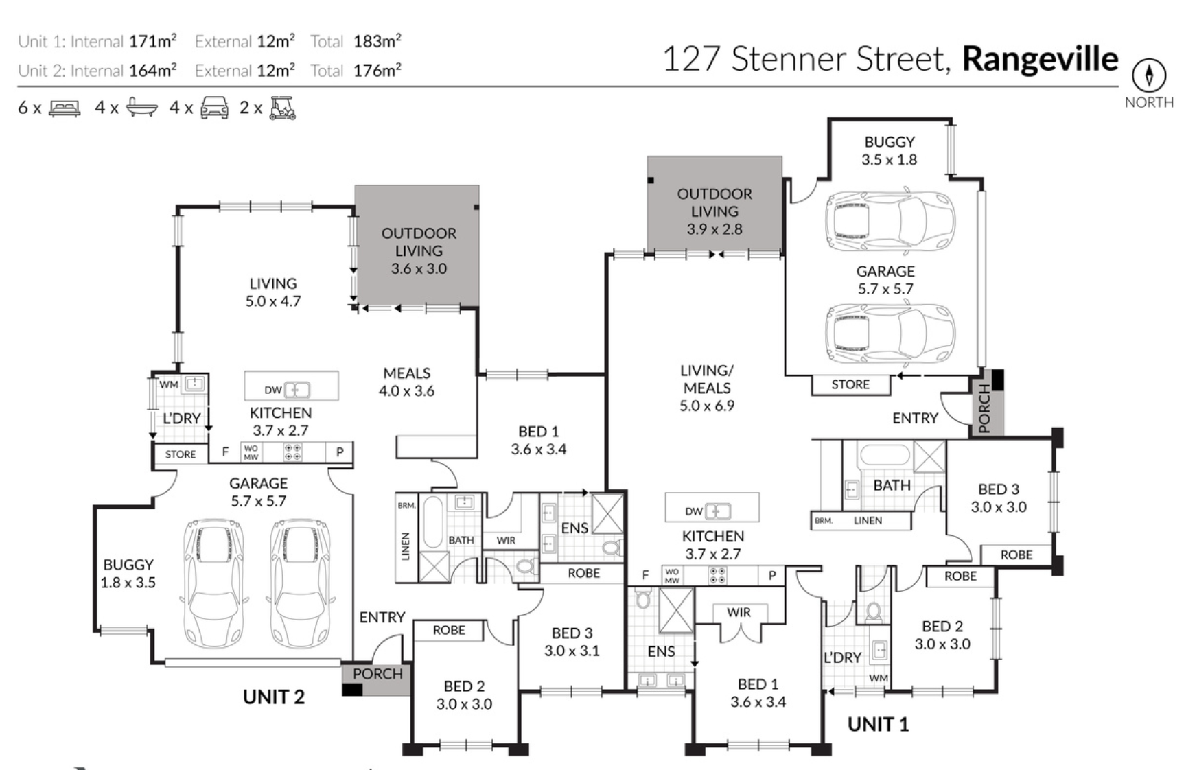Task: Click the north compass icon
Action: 1149,75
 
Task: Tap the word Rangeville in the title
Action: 1040,59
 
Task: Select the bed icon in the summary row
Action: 65,108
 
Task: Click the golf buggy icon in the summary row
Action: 282,108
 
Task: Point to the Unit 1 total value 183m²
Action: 377,41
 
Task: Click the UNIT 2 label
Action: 273,697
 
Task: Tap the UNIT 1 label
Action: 878,724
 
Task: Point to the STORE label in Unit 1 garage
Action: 850,385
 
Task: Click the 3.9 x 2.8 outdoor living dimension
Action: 714,229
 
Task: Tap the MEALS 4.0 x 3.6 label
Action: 407,382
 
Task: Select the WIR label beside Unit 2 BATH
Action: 506,541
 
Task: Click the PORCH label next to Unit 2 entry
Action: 377,674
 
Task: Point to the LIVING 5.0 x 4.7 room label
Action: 273,292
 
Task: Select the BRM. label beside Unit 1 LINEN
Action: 824,521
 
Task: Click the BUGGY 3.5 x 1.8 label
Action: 890,150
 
